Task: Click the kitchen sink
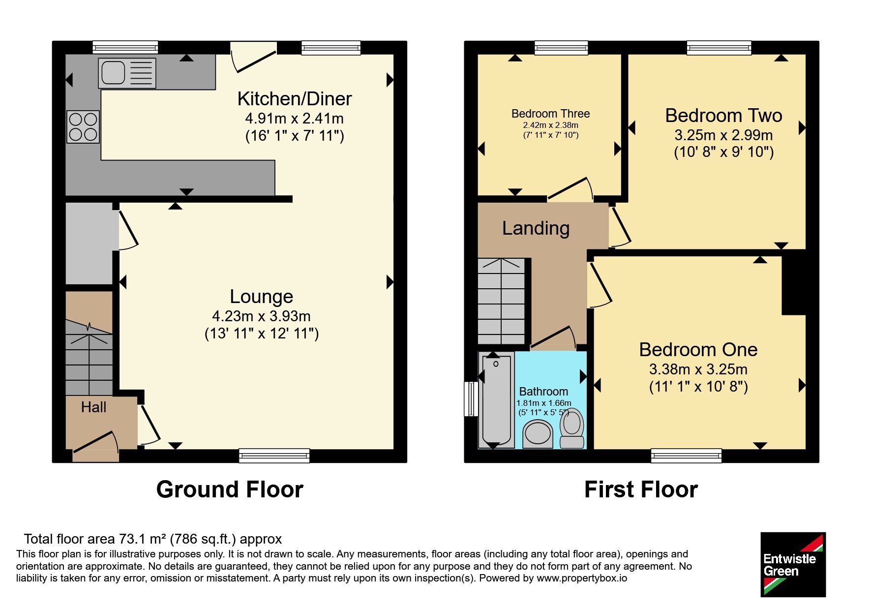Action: pyautogui.click(x=127, y=73)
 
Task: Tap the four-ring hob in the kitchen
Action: pyautogui.click(x=83, y=126)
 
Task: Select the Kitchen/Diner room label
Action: pyautogui.click(x=295, y=99)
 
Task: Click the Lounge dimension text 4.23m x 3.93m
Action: pyautogui.click(x=261, y=316)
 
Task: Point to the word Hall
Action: pyautogui.click(x=93, y=407)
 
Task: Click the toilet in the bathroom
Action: pyautogui.click(x=572, y=428)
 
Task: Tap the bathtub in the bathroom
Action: pyautogui.click(x=497, y=400)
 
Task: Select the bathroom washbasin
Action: pyautogui.click(x=538, y=433)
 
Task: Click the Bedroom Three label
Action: pyautogui.click(x=550, y=114)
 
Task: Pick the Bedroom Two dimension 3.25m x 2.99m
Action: pyautogui.click(x=723, y=135)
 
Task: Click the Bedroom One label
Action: pyautogui.click(x=698, y=349)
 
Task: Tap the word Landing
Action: pyautogui.click(x=536, y=228)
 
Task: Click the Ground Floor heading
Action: pyautogui.click(x=230, y=489)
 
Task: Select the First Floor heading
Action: pyautogui.click(x=641, y=489)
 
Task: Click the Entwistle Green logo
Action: pyautogui.click(x=793, y=565)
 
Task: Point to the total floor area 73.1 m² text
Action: pyautogui.click(x=153, y=539)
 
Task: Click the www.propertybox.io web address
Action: pyautogui.click(x=582, y=578)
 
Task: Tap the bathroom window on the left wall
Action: pyautogui.click(x=471, y=399)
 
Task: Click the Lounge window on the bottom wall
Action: pyautogui.click(x=274, y=456)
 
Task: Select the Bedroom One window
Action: pyautogui.click(x=687, y=456)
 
